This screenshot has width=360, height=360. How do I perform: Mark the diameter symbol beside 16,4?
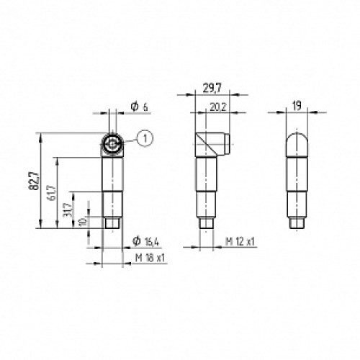[x=135, y=240]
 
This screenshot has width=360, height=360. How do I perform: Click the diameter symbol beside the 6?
[x=134, y=107]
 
